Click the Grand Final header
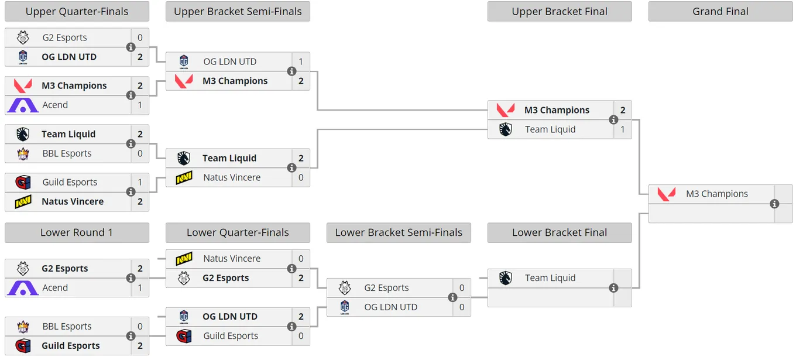coord(720,11)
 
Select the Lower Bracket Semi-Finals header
coord(399,232)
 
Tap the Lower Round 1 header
coord(77,232)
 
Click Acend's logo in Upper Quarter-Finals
coord(23,105)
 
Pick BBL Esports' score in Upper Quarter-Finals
coord(140,153)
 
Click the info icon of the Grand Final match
coord(774,204)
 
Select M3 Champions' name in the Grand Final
coord(717,194)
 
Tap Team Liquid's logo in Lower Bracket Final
coord(505,278)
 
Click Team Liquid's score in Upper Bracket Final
coord(623,129)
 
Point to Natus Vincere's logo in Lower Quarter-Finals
coord(184,259)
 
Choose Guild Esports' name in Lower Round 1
coord(71,345)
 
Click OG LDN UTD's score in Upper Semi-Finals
coord(301,61)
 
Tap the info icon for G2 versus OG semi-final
coord(452,297)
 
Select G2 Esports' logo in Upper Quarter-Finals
coord(23,37)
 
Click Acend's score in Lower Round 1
coord(140,287)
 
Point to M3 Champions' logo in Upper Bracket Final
coord(506,110)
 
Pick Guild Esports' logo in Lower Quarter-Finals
coord(184,336)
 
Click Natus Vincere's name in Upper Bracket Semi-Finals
coord(232,177)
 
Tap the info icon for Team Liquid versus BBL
coord(131,143)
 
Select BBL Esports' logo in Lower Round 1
coord(23,326)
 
